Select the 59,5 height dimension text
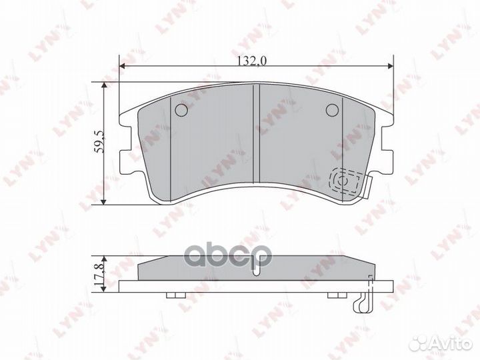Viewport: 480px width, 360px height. tap(99, 143)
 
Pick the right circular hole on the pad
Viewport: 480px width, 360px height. tap(331, 110)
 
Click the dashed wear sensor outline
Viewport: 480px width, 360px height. tap(348, 181)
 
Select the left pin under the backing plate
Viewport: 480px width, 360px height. tap(172, 296)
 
